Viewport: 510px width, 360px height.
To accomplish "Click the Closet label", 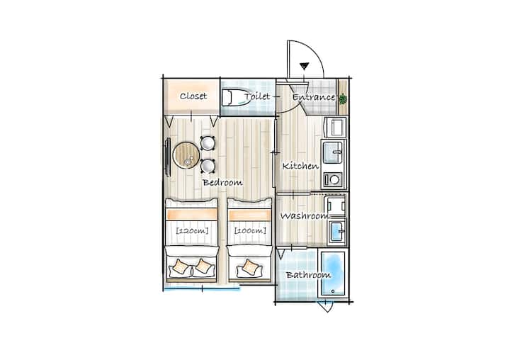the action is click(x=193, y=96).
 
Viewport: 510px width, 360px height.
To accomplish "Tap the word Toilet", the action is click(x=257, y=96).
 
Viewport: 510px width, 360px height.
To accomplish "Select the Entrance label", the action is click(x=314, y=97).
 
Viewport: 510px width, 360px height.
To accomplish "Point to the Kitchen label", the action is click(x=300, y=166).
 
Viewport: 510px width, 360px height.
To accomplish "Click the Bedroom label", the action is click(x=222, y=182).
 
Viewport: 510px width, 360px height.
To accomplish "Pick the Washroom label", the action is click(x=305, y=216).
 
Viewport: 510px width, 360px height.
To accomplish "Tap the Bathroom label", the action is click(x=308, y=275).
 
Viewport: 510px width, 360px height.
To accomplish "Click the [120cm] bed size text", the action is click(x=192, y=231).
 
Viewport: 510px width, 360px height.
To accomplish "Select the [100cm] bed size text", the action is click(x=250, y=231).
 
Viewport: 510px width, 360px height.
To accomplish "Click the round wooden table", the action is click(x=186, y=156).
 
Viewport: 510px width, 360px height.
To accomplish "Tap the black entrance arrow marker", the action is click(x=304, y=66).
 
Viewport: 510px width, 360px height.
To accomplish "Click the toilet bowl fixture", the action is click(x=235, y=97).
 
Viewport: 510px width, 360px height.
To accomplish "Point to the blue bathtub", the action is click(x=333, y=274).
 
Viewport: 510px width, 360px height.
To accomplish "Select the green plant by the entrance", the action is click(x=343, y=99).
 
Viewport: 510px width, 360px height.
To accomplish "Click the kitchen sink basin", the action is click(x=332, y=152).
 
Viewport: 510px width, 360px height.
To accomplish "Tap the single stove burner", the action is click(x=333, y=179).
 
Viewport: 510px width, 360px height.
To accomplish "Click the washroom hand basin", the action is click(x=337, y=231).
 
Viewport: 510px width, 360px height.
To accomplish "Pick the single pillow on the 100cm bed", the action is click(x=249, y=267).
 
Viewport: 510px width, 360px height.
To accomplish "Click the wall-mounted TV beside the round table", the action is click(x=167, y=157).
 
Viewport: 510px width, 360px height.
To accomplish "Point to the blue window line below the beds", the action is click(x=202, y=288).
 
